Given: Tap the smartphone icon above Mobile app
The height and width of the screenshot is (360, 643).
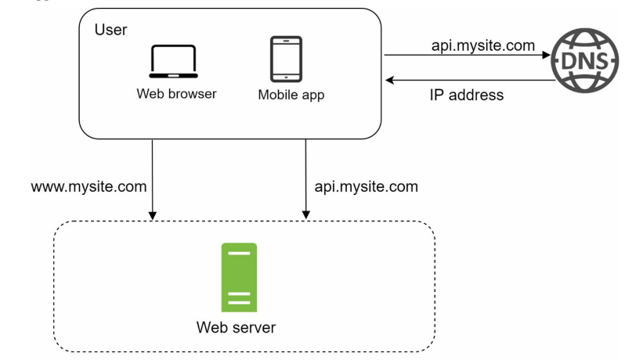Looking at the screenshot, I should coord(286,59).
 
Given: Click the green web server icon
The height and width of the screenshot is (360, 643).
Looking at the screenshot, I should coord(239,277).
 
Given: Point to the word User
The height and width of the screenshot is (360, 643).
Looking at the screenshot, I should coord(110,30).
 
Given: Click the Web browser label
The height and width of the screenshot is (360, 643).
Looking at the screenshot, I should coord(176,94).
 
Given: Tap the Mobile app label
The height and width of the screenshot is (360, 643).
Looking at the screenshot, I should coord(291,95).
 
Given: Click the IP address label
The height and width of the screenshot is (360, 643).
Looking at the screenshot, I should coord(466,95).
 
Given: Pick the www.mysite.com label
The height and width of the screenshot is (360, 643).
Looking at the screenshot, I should coord(89,187).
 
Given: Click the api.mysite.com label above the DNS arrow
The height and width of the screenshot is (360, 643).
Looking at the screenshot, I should coord(483,46).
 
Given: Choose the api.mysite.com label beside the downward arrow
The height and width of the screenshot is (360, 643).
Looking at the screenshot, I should coord(366,187).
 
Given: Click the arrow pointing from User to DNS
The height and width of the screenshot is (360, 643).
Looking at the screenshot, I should coord(470,56).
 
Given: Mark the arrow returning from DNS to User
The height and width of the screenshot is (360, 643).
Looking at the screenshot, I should coord(470,79).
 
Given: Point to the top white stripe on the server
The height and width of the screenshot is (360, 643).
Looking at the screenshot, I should coord(239,254).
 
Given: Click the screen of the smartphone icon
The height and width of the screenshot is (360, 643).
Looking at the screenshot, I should coord(286,58).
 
